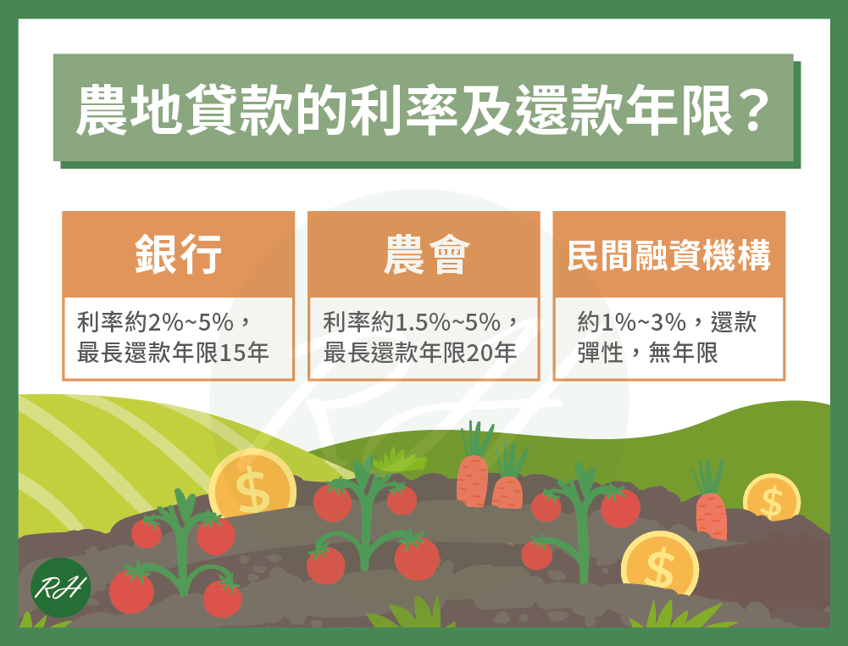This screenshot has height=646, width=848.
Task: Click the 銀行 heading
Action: tap(179, 254)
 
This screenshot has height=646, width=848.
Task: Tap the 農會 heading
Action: tap(426, 254)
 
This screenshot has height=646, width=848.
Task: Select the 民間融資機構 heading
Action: tap(669, 255)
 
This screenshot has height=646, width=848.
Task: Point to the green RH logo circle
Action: tap(61, 588)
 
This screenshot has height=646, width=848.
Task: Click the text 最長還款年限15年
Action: tap(173, 353)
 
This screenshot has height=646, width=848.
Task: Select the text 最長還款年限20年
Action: tap(419, 353)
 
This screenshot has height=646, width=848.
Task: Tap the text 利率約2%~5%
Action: tap(155, 322)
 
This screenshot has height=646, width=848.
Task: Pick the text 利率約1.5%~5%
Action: tap(412, 322)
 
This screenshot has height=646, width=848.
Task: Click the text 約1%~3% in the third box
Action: tap(632, 322)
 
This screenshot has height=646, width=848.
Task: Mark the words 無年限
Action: tap(683, 353)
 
